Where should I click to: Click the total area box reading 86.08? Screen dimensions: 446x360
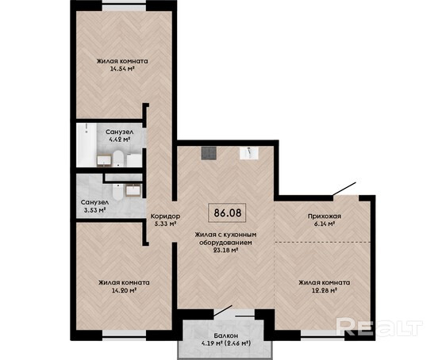point(227,213)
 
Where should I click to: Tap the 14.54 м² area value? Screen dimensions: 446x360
point(122,68)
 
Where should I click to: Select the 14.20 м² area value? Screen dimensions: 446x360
point(124,290)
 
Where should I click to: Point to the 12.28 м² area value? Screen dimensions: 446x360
point(325,290)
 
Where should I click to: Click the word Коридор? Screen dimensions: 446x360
point(165,216)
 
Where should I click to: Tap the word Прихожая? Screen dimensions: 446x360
point(325,216)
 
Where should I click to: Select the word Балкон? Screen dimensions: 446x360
point(226,336)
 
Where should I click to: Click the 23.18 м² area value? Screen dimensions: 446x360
point(225,251)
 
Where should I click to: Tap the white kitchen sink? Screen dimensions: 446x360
point(249,153)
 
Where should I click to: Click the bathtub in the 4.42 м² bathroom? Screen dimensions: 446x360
point(87,145)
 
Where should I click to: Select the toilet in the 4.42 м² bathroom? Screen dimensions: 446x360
point(117,159)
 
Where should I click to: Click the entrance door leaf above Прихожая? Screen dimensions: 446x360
point(344,189)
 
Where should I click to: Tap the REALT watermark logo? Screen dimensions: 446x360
point(379,327)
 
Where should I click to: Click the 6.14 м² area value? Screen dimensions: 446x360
point(325,224)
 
